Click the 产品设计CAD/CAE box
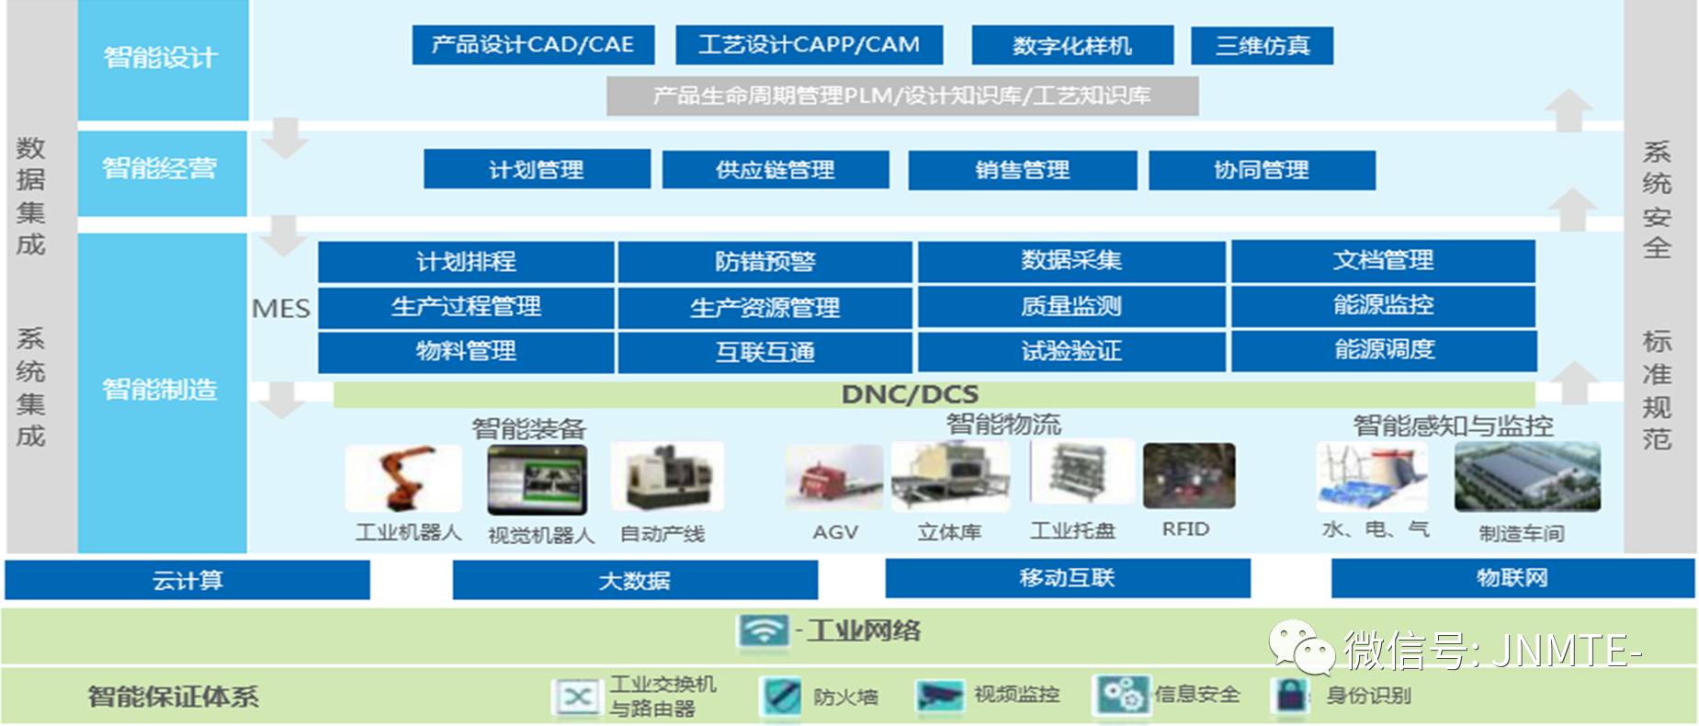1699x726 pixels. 533,45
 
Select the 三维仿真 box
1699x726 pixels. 1262,45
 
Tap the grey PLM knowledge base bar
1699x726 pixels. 902,96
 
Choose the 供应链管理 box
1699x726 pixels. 776,170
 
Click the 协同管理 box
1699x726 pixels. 1262,170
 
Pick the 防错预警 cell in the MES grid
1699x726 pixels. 765,262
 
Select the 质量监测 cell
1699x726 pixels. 1071,306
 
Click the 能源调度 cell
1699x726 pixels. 1384,350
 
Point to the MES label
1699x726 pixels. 281,309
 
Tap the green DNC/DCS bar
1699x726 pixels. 934,394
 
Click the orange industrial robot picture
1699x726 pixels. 403,478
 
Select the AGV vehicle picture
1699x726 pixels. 834,477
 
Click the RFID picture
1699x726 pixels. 1189,475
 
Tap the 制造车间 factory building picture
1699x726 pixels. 1527,477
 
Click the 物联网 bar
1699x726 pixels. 1512,578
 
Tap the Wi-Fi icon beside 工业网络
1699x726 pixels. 763,630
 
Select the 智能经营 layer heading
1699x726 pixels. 160,168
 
